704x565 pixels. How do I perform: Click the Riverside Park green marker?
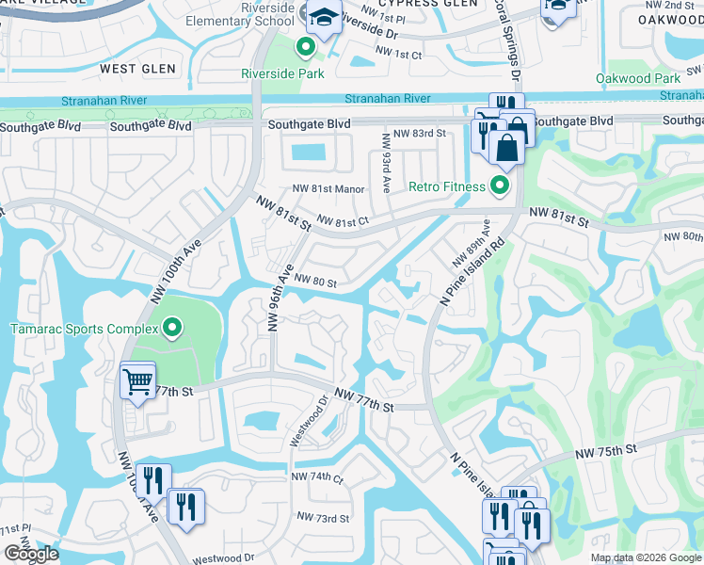306,47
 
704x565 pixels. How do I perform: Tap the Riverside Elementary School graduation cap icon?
324,19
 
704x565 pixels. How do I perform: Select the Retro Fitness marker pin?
500,186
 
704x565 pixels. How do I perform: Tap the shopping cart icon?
137,381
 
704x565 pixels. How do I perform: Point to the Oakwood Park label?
637,79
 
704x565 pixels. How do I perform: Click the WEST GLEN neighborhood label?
137,69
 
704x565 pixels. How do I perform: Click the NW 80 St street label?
315,279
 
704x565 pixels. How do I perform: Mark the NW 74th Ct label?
317,477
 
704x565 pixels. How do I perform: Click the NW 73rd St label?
323,518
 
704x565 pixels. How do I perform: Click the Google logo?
31,554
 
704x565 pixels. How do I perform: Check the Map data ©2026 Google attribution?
645,557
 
